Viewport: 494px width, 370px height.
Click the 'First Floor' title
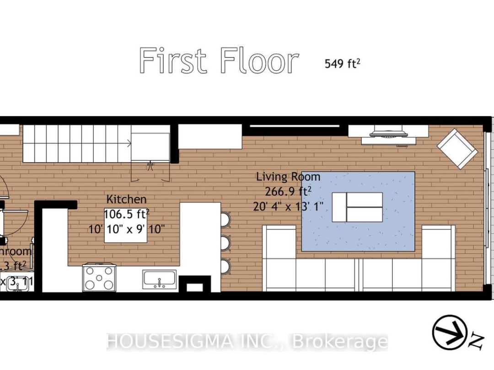[x=219, y=61]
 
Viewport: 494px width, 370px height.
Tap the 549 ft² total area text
[x=342, y=63]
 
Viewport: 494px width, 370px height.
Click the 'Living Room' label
[x=288, y=177]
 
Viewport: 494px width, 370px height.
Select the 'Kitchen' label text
[x=127, y=199]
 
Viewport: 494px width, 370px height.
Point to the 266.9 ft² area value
[x=288, y=191]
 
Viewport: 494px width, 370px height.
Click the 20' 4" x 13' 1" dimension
[x=288, y=206]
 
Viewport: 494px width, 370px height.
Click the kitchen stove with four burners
[x=99, y=277]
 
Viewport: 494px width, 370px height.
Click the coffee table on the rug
[x=357, y=207]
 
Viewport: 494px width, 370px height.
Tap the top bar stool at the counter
[x=226, y=220]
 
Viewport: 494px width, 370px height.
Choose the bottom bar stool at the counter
[x=226, y=266]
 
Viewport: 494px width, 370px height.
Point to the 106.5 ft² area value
[x=127, y=214]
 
